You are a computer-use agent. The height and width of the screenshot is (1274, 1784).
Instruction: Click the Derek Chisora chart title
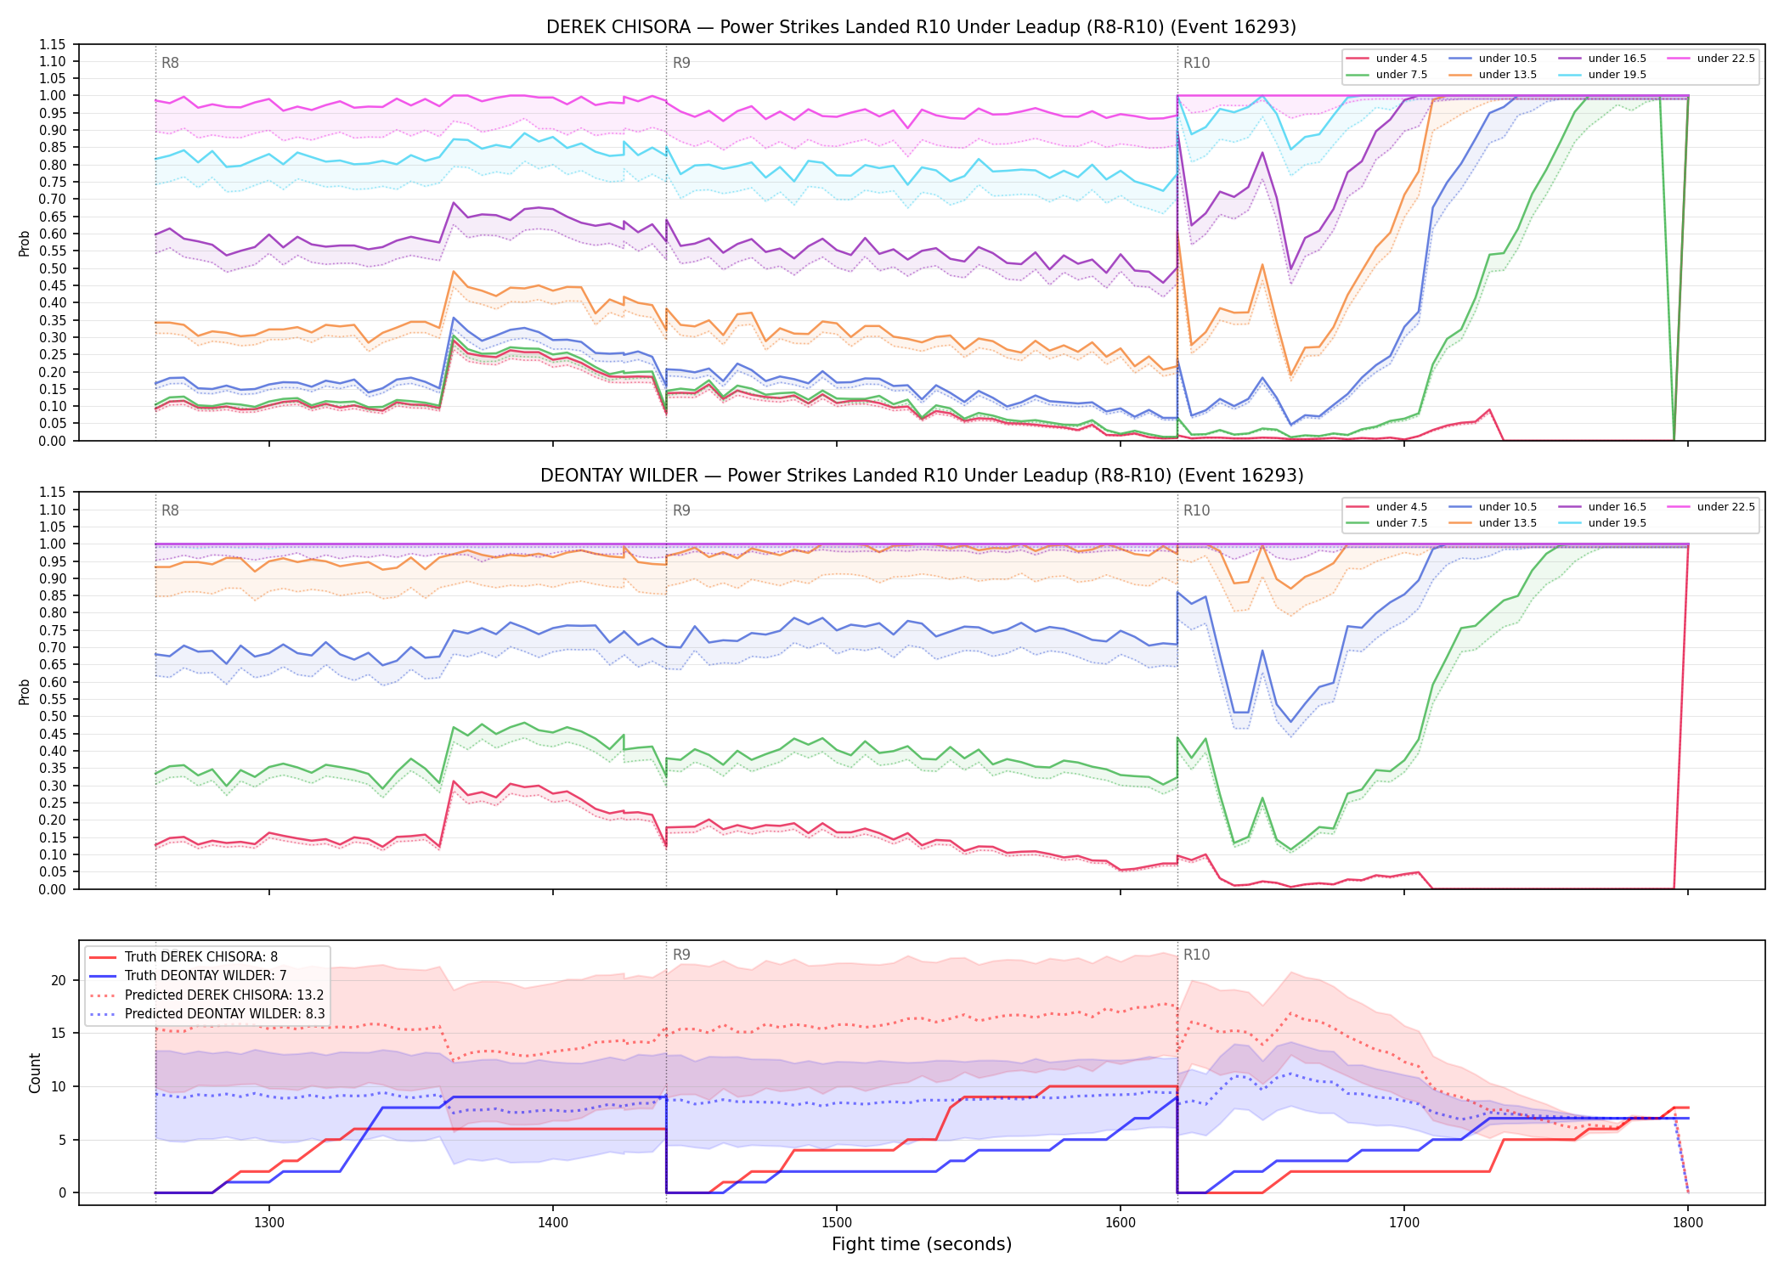click(x=921, y=27)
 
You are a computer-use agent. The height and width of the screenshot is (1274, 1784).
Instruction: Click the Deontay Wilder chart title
click(x=922, y=476)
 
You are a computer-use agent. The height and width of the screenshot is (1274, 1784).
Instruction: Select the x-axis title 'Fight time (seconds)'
click(x=922, y=1244)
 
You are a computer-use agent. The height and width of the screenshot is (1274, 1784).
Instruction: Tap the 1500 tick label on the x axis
click(x=837, y=1223)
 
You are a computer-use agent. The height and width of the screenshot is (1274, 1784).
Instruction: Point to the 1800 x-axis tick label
click(x=1688, y=1223)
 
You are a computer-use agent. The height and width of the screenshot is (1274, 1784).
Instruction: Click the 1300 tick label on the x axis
click(x=269, y=1223)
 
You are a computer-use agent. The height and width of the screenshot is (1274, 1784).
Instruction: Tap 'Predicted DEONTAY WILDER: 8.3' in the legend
click(x=207, y=1014)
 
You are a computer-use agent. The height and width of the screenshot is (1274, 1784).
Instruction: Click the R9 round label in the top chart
click(x=681, y=63)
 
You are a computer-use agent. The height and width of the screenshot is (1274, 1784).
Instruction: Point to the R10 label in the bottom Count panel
click(x=1196, y=955)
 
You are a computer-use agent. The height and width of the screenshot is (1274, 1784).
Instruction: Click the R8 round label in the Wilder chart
click(x=170, y=510)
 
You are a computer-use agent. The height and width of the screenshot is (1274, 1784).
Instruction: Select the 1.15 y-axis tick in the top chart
click(x=52, y=44)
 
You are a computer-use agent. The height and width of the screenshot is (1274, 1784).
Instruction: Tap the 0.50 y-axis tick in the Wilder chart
click(x=52, y=716)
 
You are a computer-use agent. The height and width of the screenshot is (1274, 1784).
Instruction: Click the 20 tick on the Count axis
click(x=59, y=980)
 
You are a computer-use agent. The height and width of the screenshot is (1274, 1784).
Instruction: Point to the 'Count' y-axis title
click(x=35, y=1073)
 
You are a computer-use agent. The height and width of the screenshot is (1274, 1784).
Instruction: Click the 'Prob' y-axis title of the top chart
click(x=25, y=243)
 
